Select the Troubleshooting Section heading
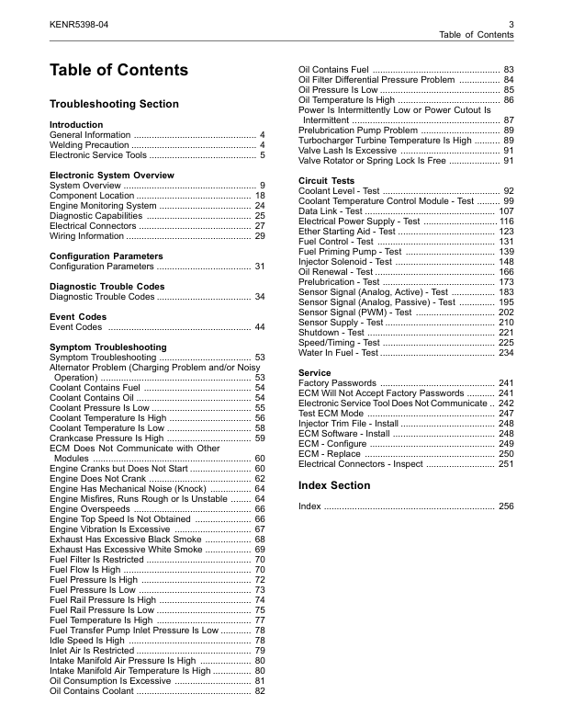114,105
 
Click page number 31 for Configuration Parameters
259,267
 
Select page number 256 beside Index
506,506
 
